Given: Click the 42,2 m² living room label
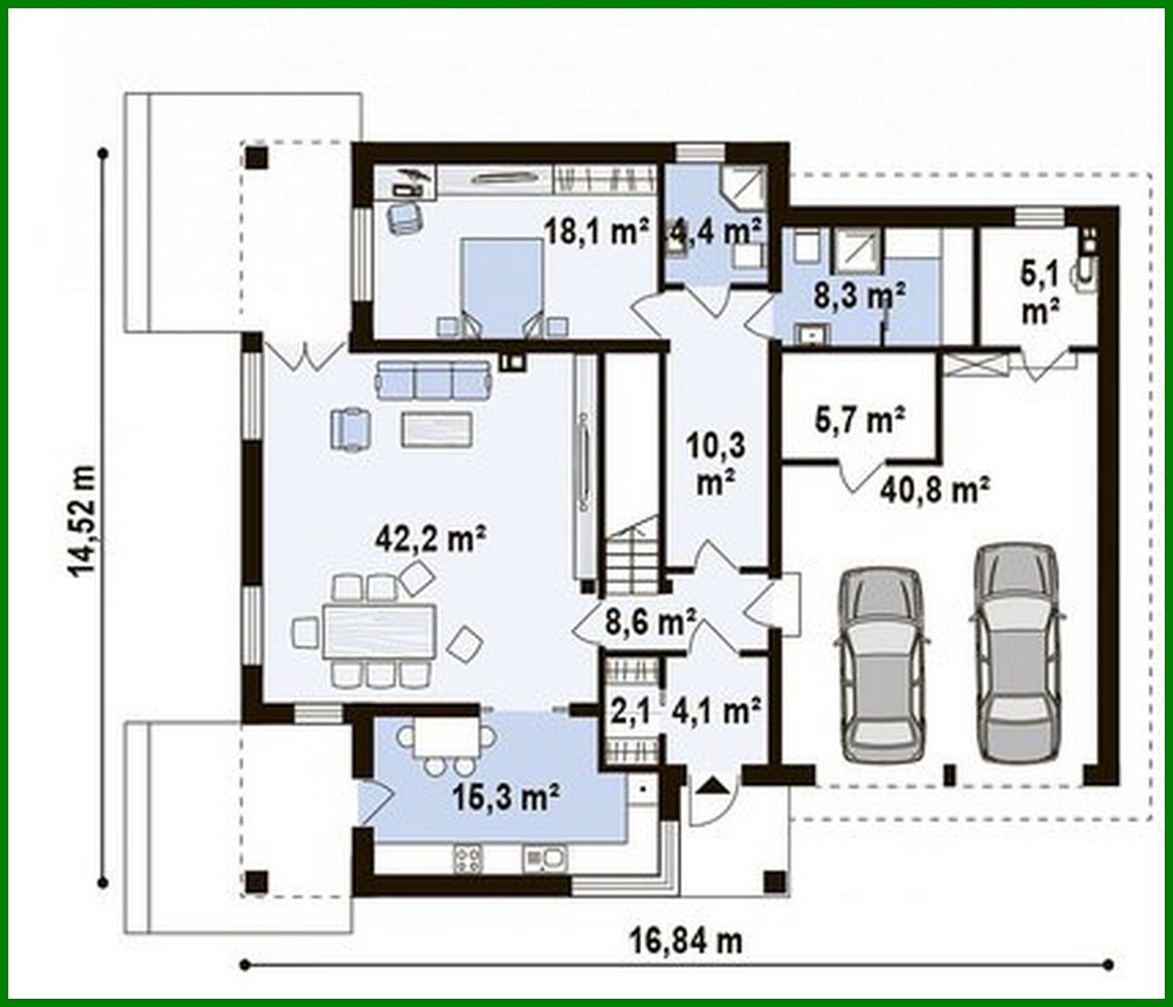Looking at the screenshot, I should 430,538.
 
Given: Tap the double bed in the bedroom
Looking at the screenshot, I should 500,285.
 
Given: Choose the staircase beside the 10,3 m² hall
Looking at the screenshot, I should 630,556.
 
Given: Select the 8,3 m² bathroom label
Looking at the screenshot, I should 860,295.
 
